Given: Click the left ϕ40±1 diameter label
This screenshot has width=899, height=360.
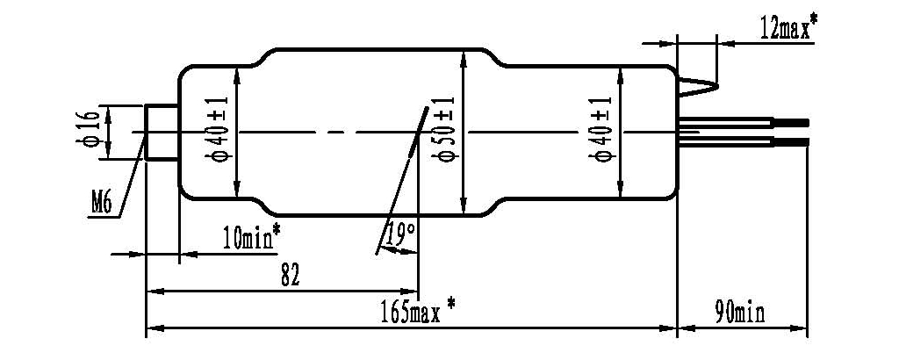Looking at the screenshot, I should click(x=219, y=132).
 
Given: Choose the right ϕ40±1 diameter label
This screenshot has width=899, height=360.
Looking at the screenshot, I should click(x=602, y=132).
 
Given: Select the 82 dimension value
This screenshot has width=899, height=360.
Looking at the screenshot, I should click(x=291, y=276).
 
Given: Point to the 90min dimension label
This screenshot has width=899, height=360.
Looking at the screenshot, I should click(x=739, y=312).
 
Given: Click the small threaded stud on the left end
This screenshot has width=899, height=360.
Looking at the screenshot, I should click(x=162, y=132).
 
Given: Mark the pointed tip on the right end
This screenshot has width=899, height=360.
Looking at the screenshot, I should click(x=716, y=86).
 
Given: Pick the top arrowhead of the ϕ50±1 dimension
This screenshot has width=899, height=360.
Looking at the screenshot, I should click(x=463, y=54).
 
